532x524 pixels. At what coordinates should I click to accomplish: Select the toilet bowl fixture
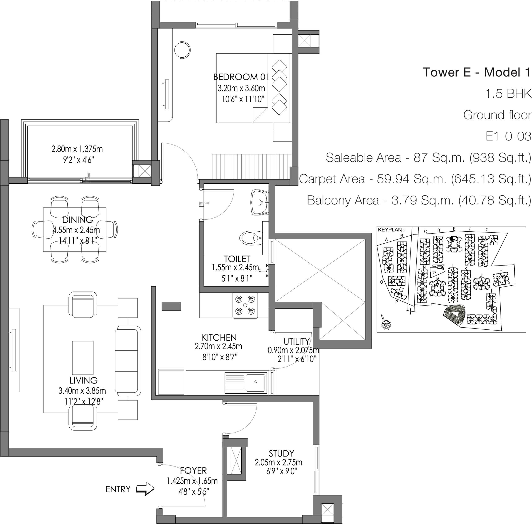click(x=251, y=237)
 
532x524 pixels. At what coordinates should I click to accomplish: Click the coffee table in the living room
click(x=83, y=358)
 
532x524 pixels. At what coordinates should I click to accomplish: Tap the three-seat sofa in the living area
click(x=128, y=361)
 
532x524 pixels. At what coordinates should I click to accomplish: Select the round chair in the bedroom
click(x=182, y=49)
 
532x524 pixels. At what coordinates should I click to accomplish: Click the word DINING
click(x=78, y=220)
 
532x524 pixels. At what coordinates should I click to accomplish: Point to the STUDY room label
click(x=281, y=454)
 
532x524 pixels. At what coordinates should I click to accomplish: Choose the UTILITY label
click(x=296, y=341)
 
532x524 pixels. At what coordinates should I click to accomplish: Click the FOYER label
click(x=193, y=471)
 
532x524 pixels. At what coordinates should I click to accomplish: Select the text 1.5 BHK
click(x=508, y=94)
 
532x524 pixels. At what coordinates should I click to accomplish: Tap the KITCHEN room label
click(x=219, y=338)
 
